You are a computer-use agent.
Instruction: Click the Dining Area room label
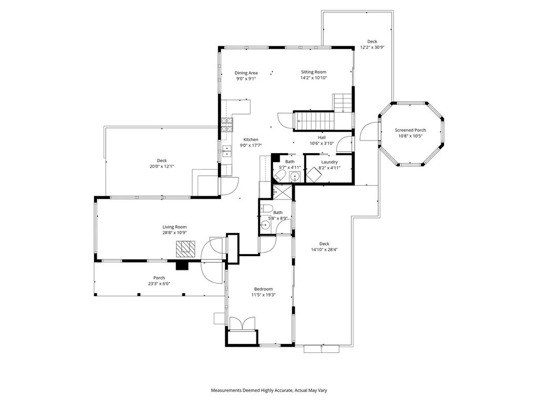246,73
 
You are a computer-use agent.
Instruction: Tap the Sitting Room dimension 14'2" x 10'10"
314,78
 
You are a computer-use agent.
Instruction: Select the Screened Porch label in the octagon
410,130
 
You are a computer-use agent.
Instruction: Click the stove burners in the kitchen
226,124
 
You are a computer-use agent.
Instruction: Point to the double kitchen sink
226,151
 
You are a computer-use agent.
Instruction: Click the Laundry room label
329,162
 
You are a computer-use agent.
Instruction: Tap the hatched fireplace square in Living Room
185,248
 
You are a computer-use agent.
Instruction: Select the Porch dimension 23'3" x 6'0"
159,284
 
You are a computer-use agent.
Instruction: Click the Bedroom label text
263,289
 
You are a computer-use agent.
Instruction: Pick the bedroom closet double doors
242,322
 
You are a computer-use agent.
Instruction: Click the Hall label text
322,137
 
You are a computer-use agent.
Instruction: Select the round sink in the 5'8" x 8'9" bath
265,225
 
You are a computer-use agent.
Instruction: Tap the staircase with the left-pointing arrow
314,120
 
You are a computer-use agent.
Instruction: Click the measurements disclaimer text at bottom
269,390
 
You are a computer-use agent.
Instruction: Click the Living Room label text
174,227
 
